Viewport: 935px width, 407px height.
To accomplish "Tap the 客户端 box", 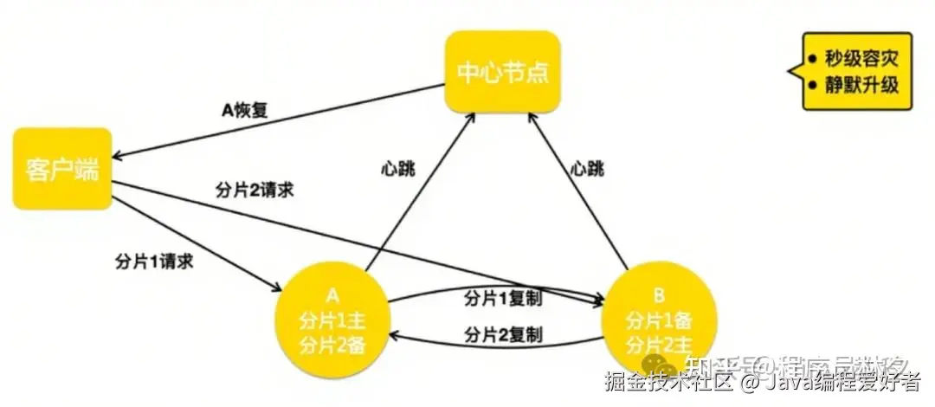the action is [x=62, y=169].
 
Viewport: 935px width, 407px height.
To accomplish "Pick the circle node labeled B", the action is [x=659, y=320].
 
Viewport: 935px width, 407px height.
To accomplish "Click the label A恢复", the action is [x=246, y=112].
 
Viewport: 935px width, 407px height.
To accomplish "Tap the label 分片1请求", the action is [x=153, y=261].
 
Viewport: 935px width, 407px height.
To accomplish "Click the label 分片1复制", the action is [x=503, y=299].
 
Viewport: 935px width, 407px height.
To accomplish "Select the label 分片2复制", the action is [x=503, y=333].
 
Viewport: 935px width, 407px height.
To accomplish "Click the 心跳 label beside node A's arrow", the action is [x=397, y=167].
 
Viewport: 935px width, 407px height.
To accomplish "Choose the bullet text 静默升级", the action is [x=859, y=86].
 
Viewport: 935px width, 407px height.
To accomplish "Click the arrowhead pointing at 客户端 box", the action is [x=118, y=156].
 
